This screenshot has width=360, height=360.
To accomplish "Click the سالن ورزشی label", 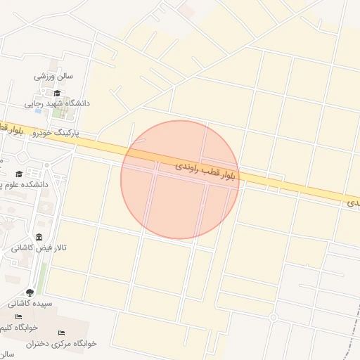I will click(54, 76).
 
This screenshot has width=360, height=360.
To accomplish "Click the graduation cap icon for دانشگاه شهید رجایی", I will click(57, 92).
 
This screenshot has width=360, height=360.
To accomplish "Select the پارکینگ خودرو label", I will click(58, 132).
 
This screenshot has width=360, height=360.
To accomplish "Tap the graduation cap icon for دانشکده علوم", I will click(19, 174).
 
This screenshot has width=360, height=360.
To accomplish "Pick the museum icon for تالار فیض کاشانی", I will click(37, 237).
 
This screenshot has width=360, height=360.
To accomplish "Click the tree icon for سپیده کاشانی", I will click(30, 292).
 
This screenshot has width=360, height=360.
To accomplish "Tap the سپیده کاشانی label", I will click(31, 304).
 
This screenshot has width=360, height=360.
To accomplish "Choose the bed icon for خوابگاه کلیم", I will click(19, 317).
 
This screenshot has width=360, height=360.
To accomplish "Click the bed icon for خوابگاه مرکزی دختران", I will click(61, 332).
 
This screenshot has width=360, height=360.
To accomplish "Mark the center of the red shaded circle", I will click(179, 179).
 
